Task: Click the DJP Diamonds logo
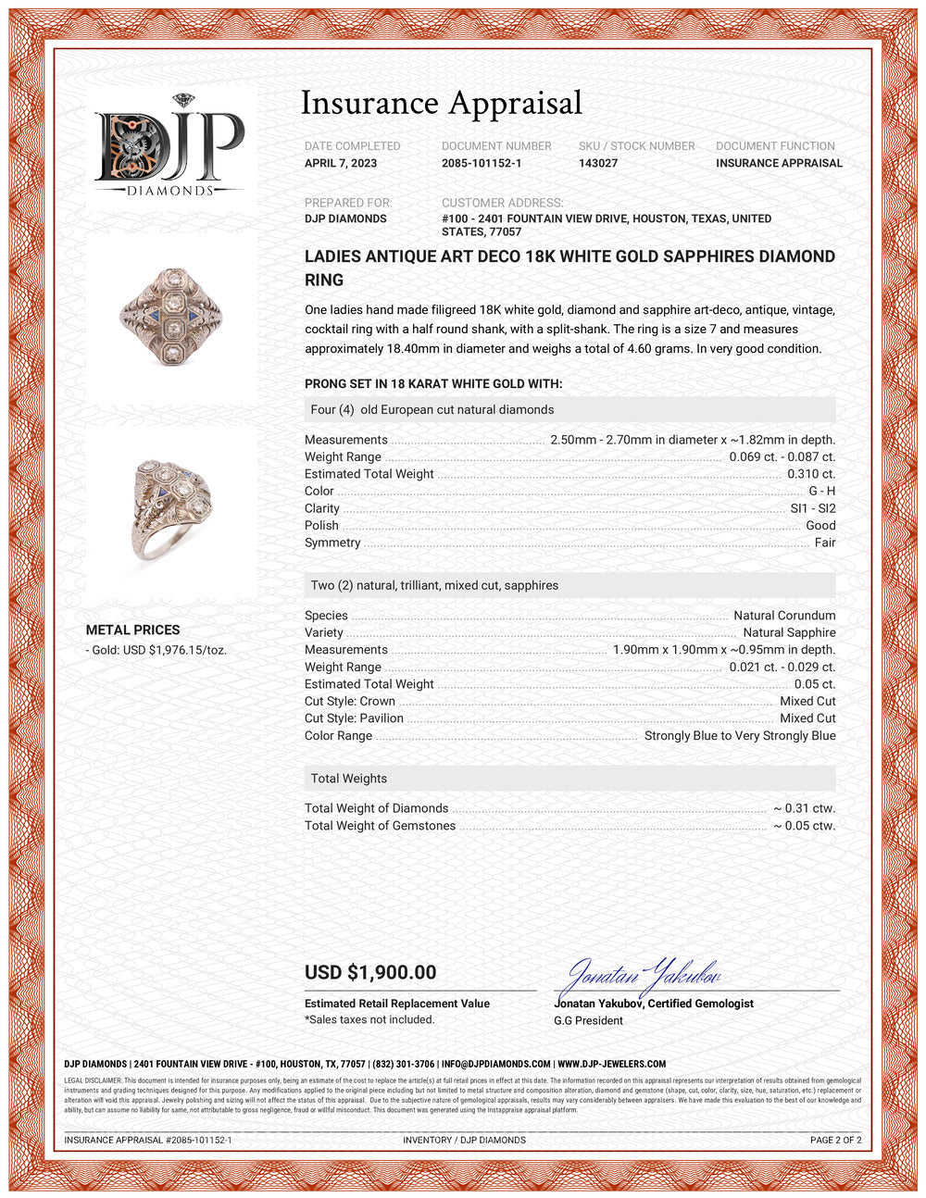170,148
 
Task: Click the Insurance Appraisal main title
442,104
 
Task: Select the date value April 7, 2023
341,163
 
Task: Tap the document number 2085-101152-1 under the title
482,163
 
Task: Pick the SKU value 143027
598,163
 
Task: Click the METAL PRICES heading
132,630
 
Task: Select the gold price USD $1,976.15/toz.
156,650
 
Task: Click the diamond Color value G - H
821,491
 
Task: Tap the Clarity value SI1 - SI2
812,508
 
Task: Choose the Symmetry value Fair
825,543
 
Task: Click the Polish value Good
820,525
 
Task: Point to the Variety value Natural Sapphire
789,632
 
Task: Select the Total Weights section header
349,779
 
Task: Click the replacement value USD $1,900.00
370,972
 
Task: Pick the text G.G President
588,1020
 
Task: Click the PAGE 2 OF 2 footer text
835,1140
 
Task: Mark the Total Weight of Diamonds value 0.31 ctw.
804,808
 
